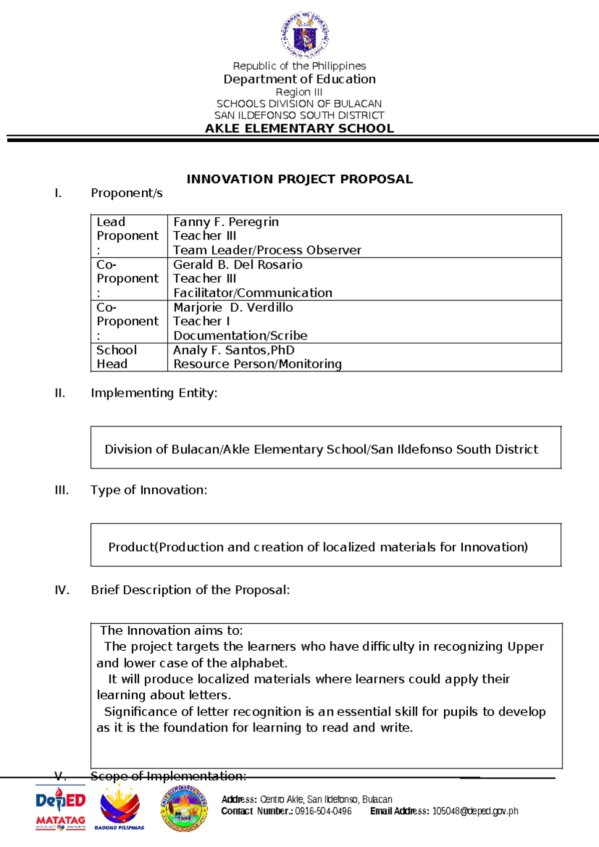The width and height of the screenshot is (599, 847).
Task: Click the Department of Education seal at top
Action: coord(304,36)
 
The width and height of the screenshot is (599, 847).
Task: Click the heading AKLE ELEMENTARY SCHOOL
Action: coord(299,128)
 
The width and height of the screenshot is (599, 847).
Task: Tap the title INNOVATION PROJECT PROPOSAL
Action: coord(299,179)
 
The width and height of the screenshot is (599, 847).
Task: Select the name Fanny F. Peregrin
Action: coord(226,222)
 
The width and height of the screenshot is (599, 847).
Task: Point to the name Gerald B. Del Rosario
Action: coord(238,265)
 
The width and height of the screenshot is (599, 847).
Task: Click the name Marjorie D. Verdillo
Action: coord(233,308)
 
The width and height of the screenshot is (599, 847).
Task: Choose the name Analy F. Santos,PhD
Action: coord(234,350)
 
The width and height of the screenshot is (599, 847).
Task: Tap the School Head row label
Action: coord(116,357)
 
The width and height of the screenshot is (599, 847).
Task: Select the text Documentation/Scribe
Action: coord(240,336)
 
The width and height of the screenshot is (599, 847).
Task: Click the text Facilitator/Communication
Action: coord(253,293)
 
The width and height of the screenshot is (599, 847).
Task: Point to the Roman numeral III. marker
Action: coord(61,490)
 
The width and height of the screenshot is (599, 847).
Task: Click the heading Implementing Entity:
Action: coord(154,393)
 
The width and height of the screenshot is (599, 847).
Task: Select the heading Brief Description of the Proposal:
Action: coord(190,590)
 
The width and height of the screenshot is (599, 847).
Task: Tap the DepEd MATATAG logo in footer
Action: coord(60,808)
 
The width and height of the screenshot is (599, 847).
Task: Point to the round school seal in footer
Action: coord(184,808)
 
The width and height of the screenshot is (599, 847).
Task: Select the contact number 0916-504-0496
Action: coord(323,812)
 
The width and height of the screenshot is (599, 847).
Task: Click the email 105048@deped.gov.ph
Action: coord(475,812)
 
